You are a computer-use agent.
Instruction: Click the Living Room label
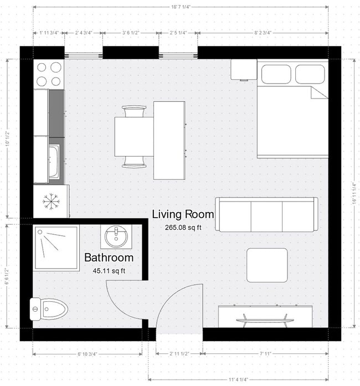(183, 214)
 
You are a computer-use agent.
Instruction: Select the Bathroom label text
(109, 258)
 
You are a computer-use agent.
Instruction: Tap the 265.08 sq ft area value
(183, 228)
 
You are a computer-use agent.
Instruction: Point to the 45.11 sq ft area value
(109, 271)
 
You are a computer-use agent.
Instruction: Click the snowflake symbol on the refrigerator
(51, 201)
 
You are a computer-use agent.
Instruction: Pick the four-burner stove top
(49, 74)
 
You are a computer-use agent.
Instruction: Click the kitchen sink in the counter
(54, 162)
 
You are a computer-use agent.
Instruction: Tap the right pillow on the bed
(310, 74)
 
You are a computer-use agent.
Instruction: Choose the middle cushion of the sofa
(267, 214)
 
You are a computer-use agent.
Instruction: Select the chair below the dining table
(135, 161)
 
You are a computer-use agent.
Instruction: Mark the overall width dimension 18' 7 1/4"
(180, 7)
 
